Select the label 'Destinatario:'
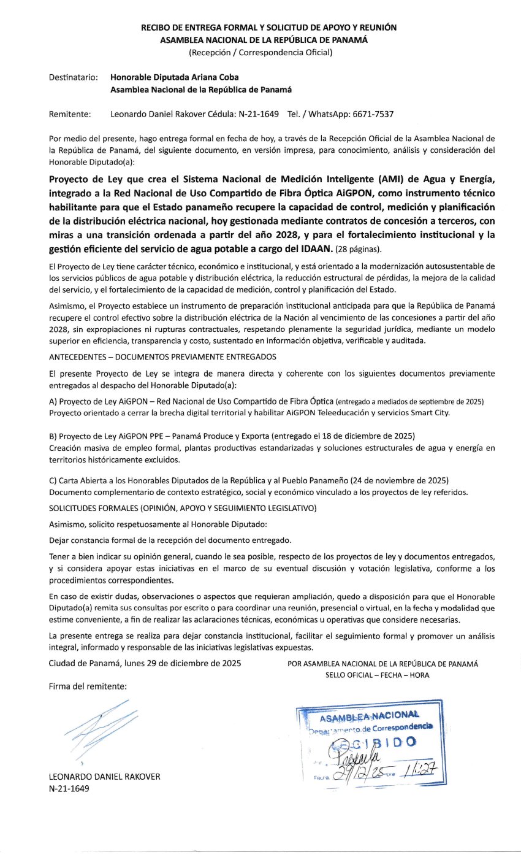pyautogui.click(x=73, y=77)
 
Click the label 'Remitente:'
pyautogui.click(x=69, y=114)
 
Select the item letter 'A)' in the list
pyautogui.click(x=53, y=401)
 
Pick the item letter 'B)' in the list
pyautogui.click(x=53, y=436)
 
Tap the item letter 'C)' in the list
pyautogui.click(x=53, y=479)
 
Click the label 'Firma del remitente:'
pyautogui.click(x=88, y=686)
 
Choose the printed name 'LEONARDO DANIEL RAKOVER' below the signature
pyautogui.click(x=104, y=777)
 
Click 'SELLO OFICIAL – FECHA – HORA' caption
pyautogui.click(x=378, y=675)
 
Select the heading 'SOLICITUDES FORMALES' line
pyautogui.click(x=182, y=508)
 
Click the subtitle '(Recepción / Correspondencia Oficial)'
pyautogui.click(x=260, y=52)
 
